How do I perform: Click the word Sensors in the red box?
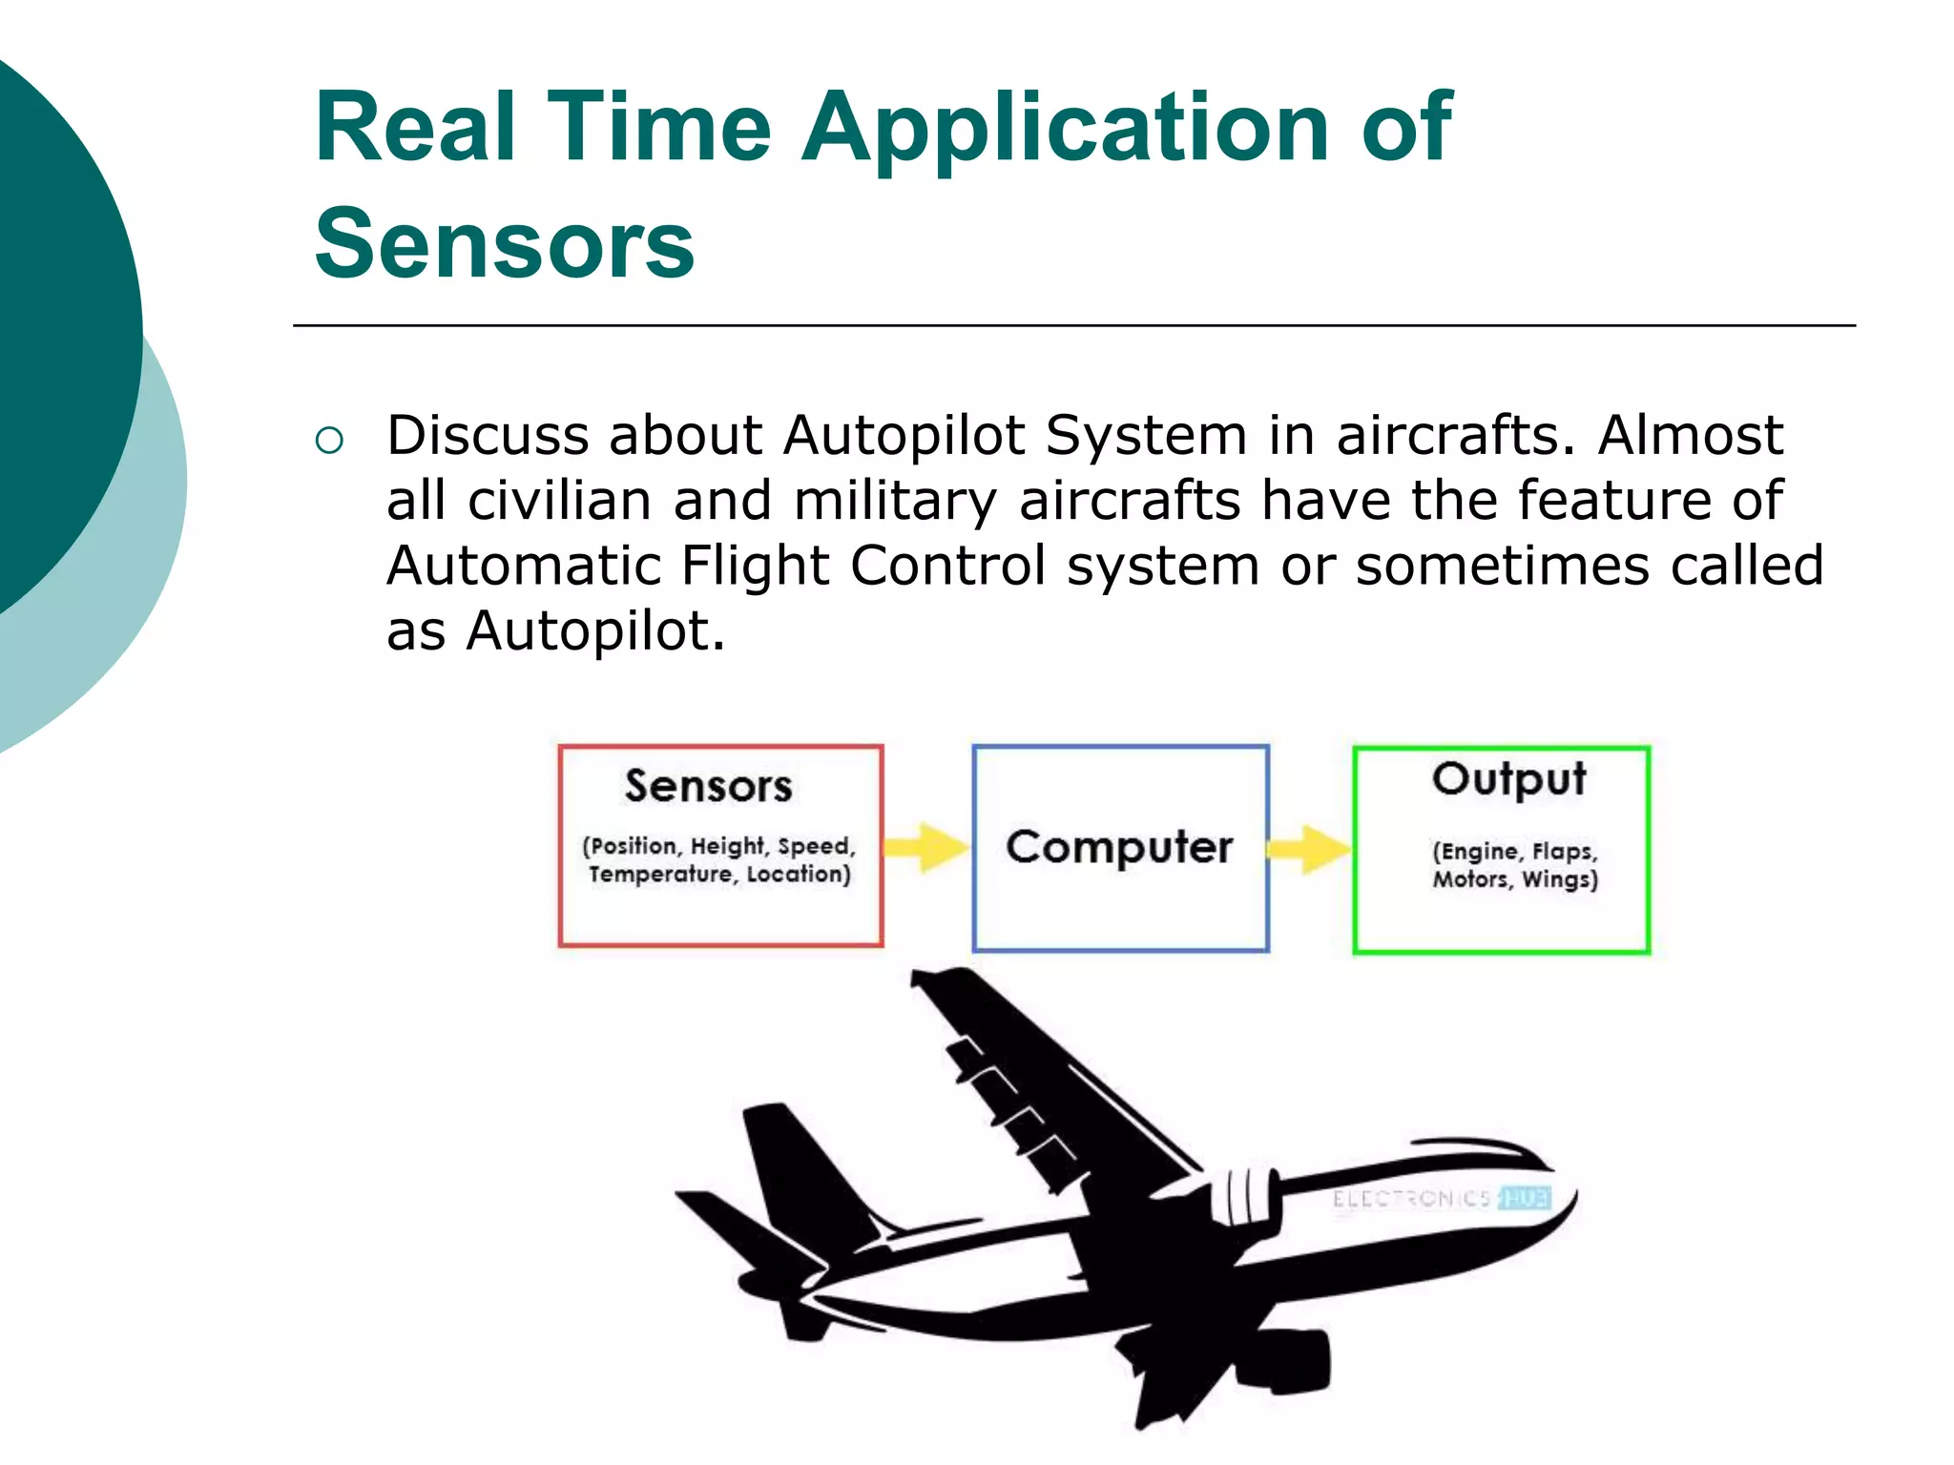pyautogui.click(x=708, y=787)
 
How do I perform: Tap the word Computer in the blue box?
pyautogui.click(x=1119, y=847)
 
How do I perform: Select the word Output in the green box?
pyautogui.click(x=1508, y=779)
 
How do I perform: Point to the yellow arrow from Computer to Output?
pyautogui.click(x=1310, y=849)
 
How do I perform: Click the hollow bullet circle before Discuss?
pyautogui.click(x=329, y=441)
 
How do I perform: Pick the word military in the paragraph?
pyautogui.click(x=894, y=501)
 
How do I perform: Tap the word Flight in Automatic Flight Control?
pyautogui.click(x=755, y=566)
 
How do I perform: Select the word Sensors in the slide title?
pyautogui.click(x=504, y=244)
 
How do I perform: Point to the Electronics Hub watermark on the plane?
pyautogui.click(x=1441, y=1198)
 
